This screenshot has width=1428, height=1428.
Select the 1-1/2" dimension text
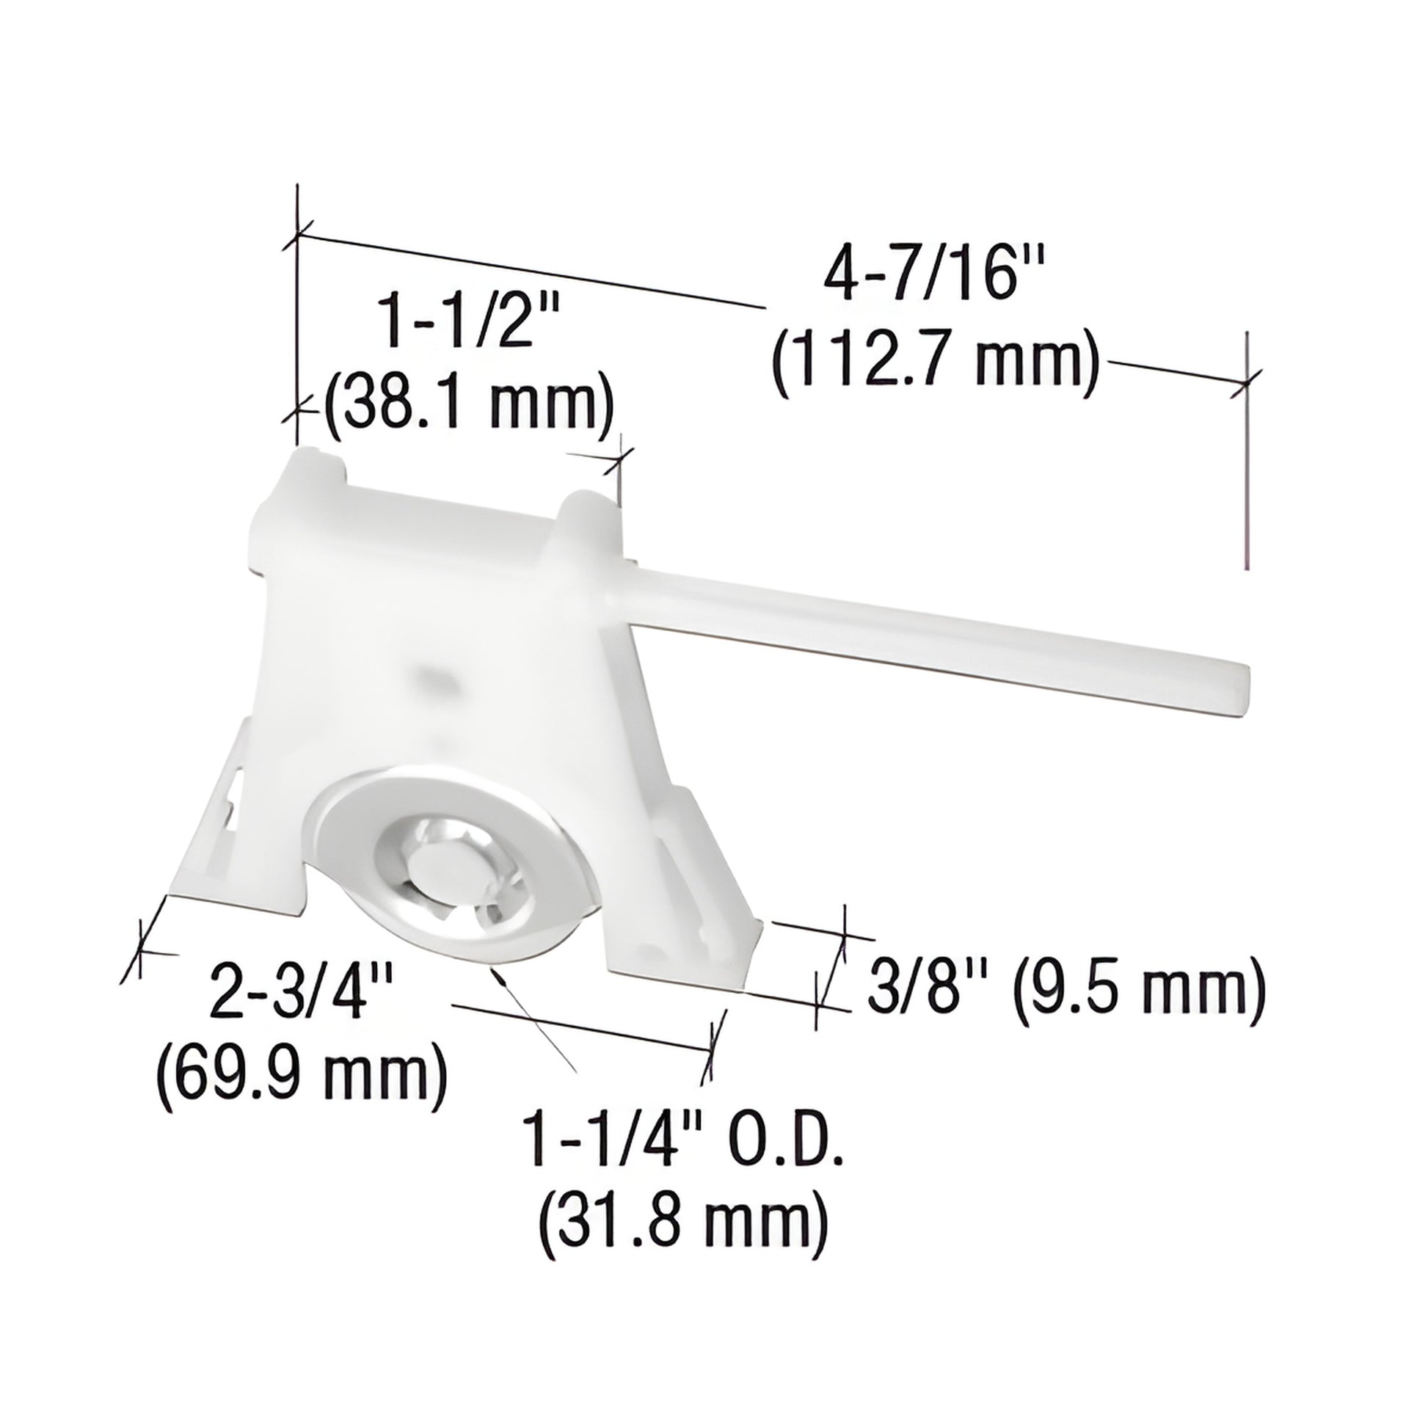466,319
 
